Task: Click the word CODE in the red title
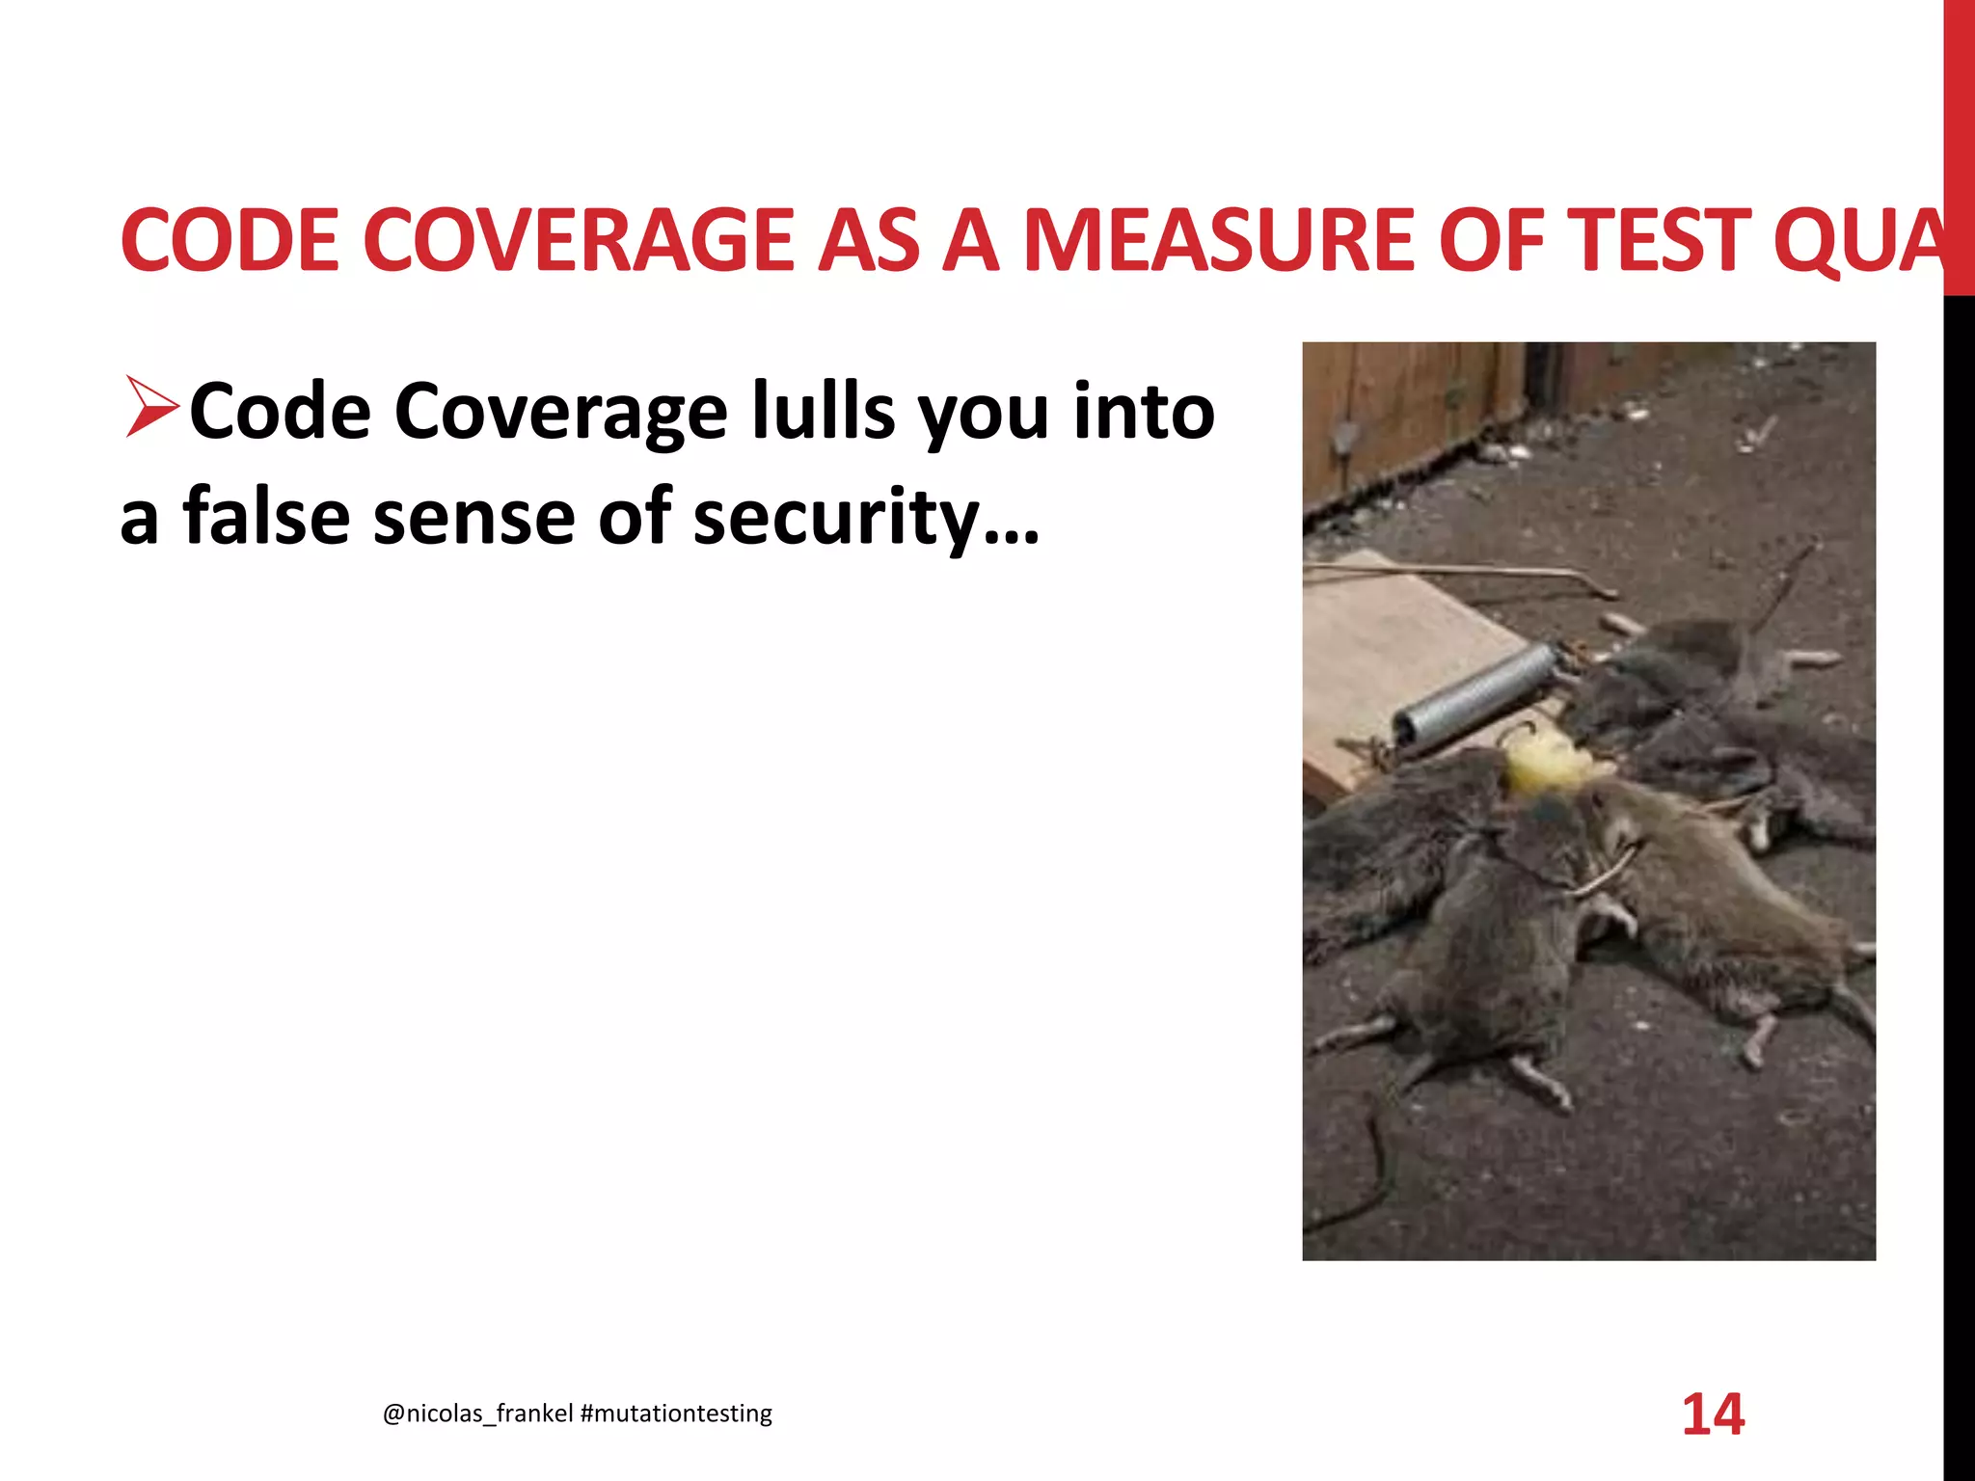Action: pyautogui.click(x=230, y=240)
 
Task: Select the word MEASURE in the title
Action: pyautogui.click(x=1218, y=240)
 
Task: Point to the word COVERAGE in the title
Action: pyautogui.click(x=577, y=240)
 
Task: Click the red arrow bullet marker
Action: pyautogui.click(x=151, y=407)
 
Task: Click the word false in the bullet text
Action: pyautogui.click(x=266, y=517)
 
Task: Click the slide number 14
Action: pyautogui.click(x=1713, y=1414)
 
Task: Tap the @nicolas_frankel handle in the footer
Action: pyautogui.click(x=477, y=1414)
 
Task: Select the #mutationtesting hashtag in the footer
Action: pyautogui.click(x=676, y=1414)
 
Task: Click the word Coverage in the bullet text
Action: pyautogui.click(x=560, y=412)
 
